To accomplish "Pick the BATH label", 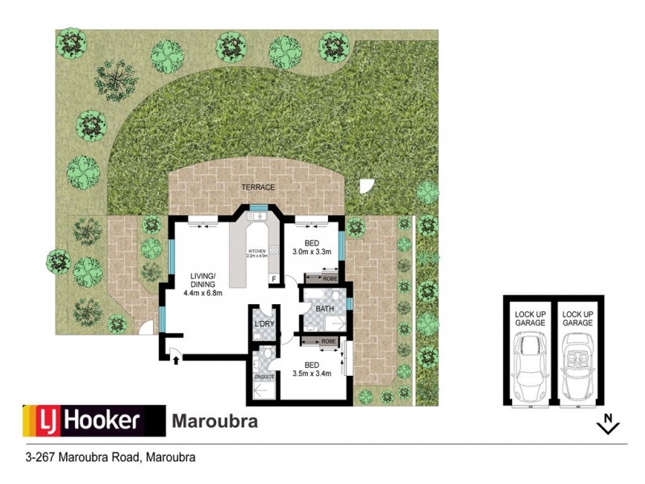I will pyautogui.click(x=325, y=308).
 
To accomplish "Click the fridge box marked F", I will pyautogui.click(x=275, y=279).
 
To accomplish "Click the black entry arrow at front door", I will pyautogui.click(x=174, y=359).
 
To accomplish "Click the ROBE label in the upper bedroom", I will pyautogui.click(x=329, y=278).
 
